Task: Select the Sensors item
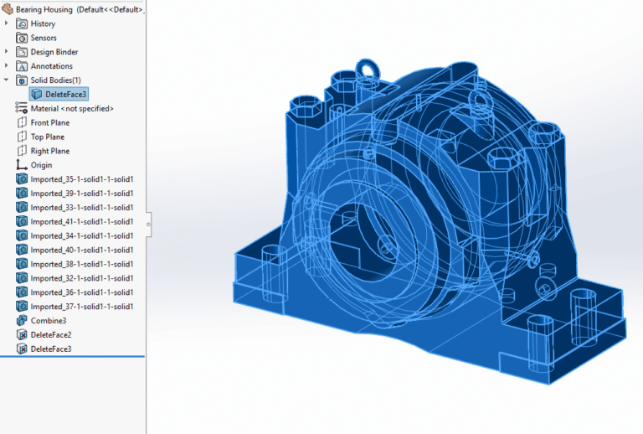[x=44, y=38]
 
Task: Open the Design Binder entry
[x=54, y=52]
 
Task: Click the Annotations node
[x=51, y=66]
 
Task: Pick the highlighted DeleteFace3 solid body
[x=65, y=95]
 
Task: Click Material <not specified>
[x=71, y=109]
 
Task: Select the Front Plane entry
[x=49, y=123]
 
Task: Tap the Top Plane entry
[x=47, y=137]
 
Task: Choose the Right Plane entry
[x=49, y=151]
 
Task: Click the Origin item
[x=41, y=165]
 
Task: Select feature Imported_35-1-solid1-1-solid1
[x=82, y=179]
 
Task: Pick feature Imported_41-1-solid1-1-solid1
[x=82, y=222]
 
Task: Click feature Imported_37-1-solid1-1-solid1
[x=82, y=307]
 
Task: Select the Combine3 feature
[x=48, y=321]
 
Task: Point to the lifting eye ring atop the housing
[x=365, y=66]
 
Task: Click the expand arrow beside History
[x=7, y=23]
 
